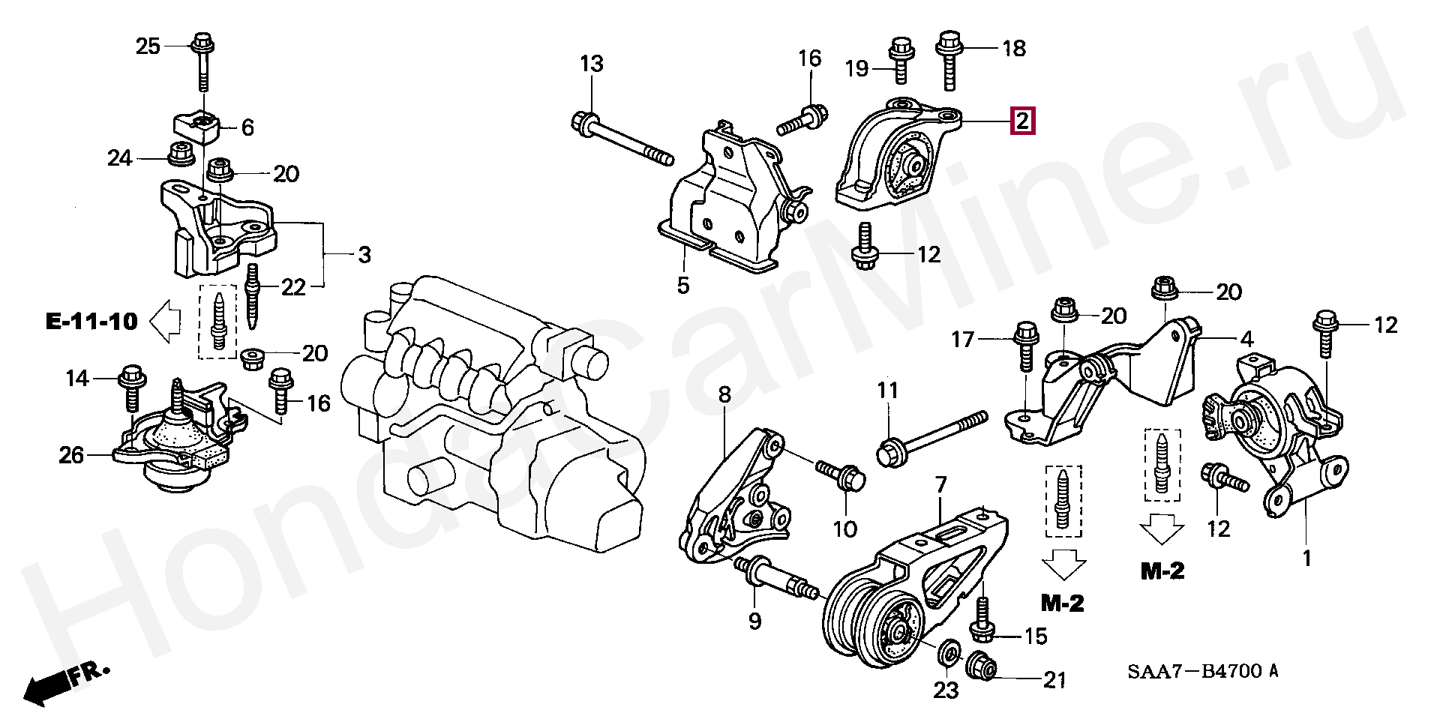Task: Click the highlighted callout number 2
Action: (x=1022, y=121)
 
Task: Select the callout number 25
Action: (x=148, y=46)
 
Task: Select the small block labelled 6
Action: (x=197, y=126)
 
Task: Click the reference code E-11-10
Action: (x=91, y=322)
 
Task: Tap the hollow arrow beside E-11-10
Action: (x=166, y=321)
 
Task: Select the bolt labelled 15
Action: (x=982, y=625)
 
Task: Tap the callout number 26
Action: (x=71, y=454)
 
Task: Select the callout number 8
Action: (x=724, y=395)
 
